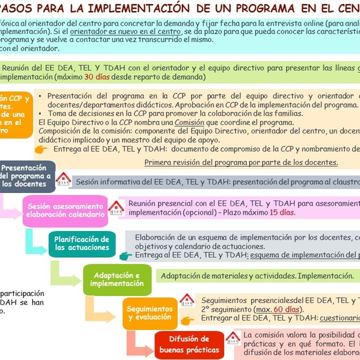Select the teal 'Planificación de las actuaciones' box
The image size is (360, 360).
81,243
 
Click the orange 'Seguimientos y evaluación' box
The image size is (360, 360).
149,312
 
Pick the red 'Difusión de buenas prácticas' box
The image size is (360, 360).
189,344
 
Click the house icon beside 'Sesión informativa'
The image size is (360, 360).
64,179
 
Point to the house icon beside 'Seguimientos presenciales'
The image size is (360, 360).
187,300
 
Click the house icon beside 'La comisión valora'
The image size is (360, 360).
232,337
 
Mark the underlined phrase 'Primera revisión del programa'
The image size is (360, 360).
190,162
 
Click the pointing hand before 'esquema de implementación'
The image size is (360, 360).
124,255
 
